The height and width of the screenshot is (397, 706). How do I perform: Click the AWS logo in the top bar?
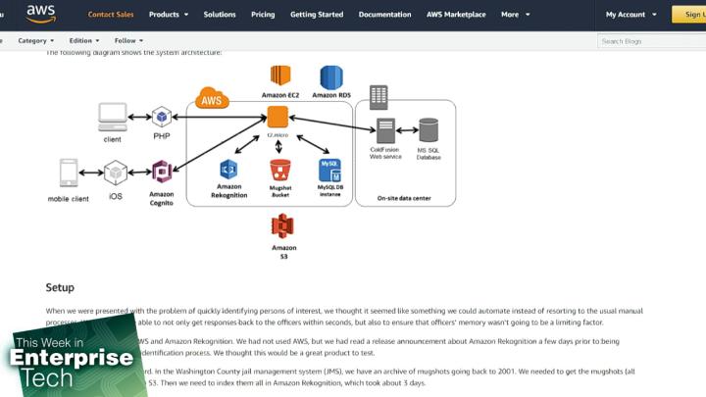pyautogui.click(x=40, y=13)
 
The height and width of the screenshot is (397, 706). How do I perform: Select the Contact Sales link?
pyautogui.click(x=111, y=15)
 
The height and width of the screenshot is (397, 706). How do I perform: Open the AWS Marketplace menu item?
pyautogui.click(x=456, y=15)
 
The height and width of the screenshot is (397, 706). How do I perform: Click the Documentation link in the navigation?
pyautogui.click(x=385, y=15)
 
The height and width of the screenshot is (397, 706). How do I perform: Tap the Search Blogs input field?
pyautogui.click(x=647, y=41)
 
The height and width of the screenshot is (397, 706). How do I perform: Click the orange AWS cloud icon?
pyautogui.click(x=211, y=99)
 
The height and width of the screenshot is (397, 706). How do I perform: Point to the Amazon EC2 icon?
pyautogui.click(x=281, y=76)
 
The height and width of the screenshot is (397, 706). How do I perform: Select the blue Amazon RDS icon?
pyautogui.click(x=331, y=76)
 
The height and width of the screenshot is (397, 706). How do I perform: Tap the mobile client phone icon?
pyautogui.click(x=69, y=174)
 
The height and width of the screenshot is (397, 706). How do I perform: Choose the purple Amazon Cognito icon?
pyautogui.click(x=162, y=173)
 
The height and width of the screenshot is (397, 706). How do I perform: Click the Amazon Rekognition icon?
pyautogui.click(x=228, y=170)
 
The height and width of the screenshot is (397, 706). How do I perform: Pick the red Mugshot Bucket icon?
pyautogui.click(x=280, y=170)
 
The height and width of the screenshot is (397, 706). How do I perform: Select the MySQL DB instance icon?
pyautogui.click(x=329, y=171)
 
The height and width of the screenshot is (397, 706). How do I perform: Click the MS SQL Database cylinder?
pyautogui.click(x=429, y=130)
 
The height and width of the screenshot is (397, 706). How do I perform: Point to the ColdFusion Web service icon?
pyautogui.click(x=385, y=130)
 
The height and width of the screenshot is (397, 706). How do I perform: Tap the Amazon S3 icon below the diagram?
pyautogui.click(x=283, y=226)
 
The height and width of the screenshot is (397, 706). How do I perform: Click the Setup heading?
pyautogui.click(x=60, y=288)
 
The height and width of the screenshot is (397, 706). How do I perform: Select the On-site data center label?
pyautogui.click(x=404, y=199)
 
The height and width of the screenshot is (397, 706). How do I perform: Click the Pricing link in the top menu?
pyautogui.click(x=263, y=15)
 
